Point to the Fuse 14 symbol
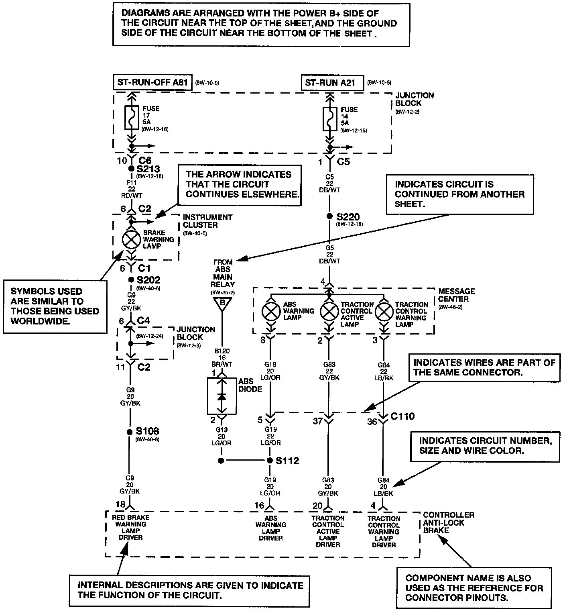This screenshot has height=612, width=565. click(x=329, y=118)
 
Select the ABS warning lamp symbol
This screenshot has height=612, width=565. click(x=271, y=311)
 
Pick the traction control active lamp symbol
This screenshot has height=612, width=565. click(x=329, y=311)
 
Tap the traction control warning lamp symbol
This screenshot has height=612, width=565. click(x=384, y=311)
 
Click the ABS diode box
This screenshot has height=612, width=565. click(x=222, y=396)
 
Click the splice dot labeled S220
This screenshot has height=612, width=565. click(x=329, y=216)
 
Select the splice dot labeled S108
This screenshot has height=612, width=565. click(x=129, y=432)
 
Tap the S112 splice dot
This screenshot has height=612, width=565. click(x=270, y=461)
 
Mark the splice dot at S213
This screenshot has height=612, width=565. click(x=131, y=169)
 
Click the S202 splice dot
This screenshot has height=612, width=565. click(x=131, y=279)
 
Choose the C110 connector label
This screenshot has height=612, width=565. click(x=402, y=416)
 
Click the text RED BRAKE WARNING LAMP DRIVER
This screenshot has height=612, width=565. click(x=131, y=527)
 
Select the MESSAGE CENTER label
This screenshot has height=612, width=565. click(x=456, y=295)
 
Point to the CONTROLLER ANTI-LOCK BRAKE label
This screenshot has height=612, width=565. click(x=443, y=522)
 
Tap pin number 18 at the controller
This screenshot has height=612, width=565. click(x=120, y=504)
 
